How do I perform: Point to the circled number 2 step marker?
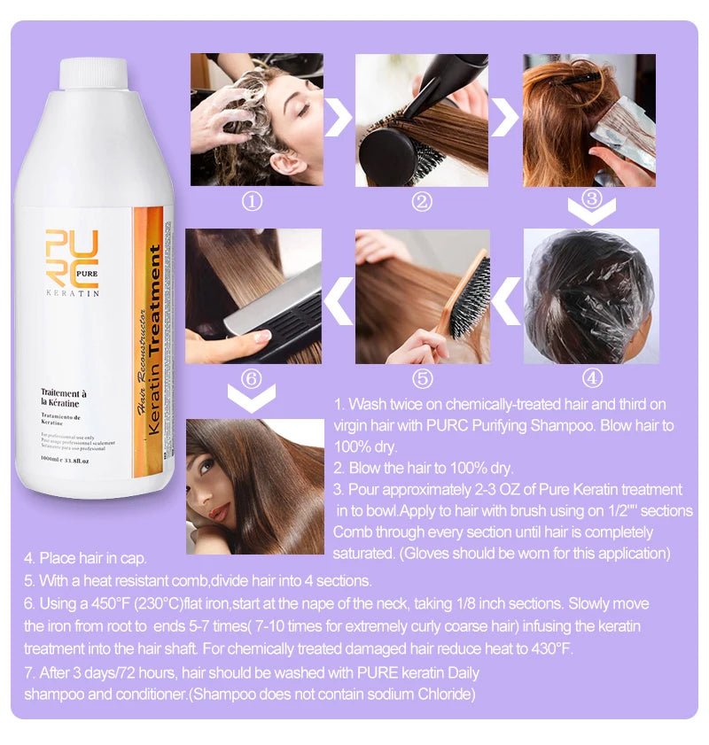click(x=422, y=202)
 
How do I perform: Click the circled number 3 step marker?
click(x=593, y=198)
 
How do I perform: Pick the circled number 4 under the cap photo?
click(x=592, y=378)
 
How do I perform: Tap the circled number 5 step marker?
click(x=422, y=378)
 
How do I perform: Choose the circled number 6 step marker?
click(x=253, y=378)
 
